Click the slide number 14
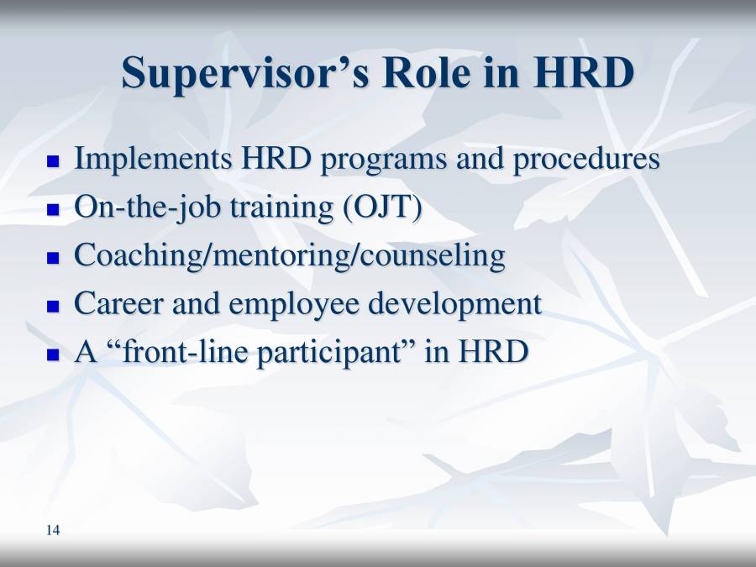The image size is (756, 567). point(53,529)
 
